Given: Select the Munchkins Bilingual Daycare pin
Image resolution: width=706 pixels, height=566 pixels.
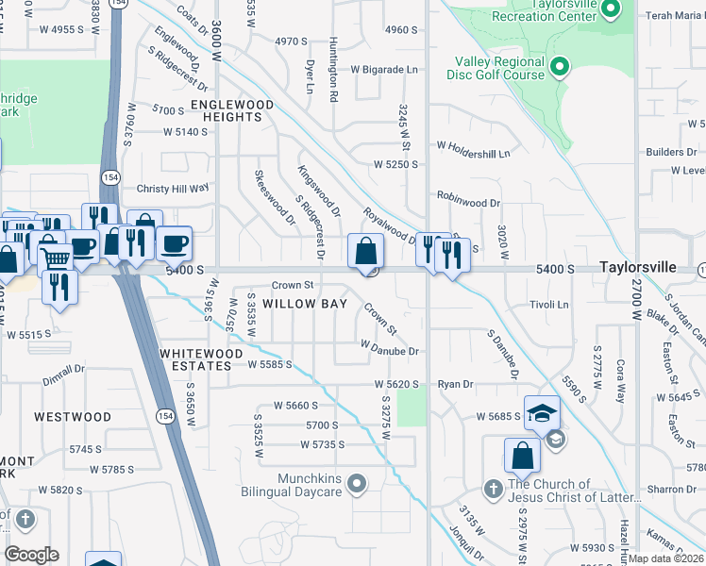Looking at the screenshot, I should (356, 485).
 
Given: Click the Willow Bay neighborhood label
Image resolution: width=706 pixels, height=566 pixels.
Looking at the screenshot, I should (305, 304).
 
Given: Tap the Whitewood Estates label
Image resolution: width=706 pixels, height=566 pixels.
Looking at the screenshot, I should (195, 358).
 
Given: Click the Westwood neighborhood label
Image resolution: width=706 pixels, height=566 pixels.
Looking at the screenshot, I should (73, 416).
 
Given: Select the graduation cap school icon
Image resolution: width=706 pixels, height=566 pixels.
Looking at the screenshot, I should (543, 412).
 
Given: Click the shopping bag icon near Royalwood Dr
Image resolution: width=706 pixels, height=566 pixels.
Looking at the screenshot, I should (365, 251).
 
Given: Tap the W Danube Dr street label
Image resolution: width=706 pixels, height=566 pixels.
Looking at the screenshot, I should (389, 351).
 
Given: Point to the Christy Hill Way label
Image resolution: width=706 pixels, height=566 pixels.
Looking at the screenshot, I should (173, 189).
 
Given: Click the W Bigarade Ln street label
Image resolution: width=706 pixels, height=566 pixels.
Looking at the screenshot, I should (383, 70).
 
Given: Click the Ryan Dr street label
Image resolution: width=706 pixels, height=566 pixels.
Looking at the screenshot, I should (455, 385).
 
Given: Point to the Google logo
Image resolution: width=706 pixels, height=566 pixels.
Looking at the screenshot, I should (31, 555).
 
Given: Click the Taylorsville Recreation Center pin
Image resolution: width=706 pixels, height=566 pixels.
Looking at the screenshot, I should (610, 10).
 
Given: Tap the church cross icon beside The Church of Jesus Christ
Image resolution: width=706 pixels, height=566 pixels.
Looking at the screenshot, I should (492, 489).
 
